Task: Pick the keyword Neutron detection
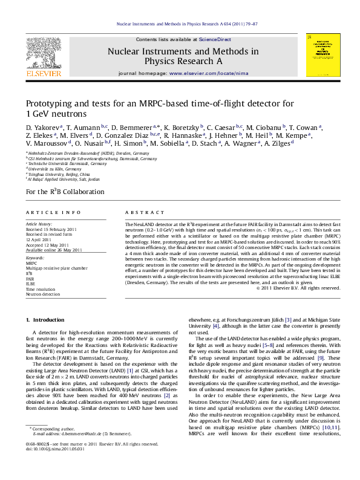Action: click(x=43, y=294)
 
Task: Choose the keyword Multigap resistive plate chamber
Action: click(x=56, y=267)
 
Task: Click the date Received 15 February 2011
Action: click(x=51, y=230)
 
